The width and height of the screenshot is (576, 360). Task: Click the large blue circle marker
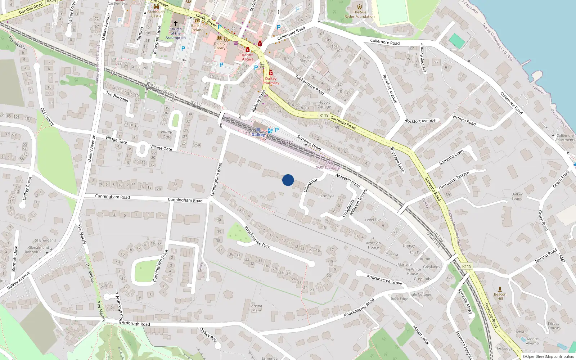click(288, 180)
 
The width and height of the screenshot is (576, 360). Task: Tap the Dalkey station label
click(258, 135)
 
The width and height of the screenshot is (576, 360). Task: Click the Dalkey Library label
click(220, 46)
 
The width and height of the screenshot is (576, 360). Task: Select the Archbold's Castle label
click(156, 14)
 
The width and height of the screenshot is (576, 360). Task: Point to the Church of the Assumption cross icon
click(176, 23)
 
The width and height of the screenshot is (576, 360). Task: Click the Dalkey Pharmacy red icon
click(271, 73)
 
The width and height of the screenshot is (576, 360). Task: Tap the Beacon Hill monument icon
click(500, 289)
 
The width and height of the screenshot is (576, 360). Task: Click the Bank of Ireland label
click(197, 28)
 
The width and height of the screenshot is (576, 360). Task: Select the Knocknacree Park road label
click(257, 237)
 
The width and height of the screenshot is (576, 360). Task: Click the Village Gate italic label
click(167, 134)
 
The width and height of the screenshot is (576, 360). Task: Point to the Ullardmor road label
click(311, 185)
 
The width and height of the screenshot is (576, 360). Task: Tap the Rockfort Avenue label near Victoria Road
click(420, 121)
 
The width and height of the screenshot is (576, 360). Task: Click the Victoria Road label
click(464, 120)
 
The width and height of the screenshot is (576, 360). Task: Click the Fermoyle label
click(327, 196)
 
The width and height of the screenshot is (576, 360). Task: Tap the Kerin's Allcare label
click(248, 57)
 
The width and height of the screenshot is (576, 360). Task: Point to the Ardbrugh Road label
click(136, 324)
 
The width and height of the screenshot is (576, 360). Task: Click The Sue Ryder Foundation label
click(360, 14)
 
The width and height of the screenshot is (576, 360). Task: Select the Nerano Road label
click(546, 256)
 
